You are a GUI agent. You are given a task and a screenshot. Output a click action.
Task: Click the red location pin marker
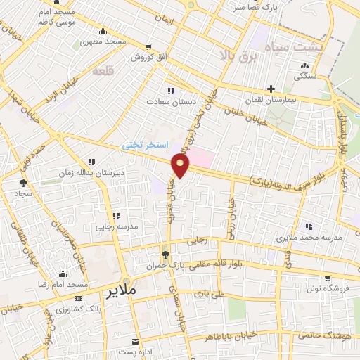point(181,167)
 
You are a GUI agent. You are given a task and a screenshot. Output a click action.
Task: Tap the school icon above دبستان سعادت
point(169,90)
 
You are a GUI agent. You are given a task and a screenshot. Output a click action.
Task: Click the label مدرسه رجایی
point(115,228)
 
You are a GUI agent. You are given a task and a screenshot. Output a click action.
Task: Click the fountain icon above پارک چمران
point(165,255)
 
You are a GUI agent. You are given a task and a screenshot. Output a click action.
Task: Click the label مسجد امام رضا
point(63,285)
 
